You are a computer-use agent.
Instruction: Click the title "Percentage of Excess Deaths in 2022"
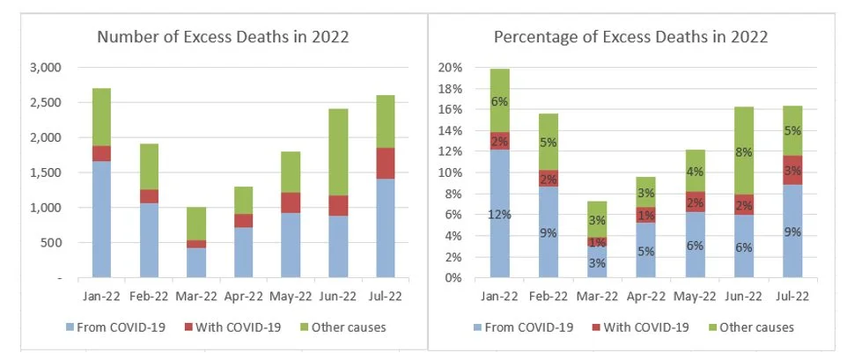[630, 37]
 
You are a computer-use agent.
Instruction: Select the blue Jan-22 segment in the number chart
[101, 219]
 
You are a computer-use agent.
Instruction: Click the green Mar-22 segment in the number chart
[195, 224]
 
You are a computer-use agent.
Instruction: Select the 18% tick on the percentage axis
[450, 88]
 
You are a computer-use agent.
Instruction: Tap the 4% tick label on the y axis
[453, 236]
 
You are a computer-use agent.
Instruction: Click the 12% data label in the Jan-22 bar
[500, 214]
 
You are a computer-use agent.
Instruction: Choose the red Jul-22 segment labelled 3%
[792, 169]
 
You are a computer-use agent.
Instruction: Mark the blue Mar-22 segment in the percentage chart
[598, 261]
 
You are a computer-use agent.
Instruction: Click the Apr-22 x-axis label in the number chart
[240, 296]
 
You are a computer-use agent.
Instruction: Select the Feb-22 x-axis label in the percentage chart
[549, 296]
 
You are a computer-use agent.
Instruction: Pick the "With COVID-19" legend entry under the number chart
[233, 327]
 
